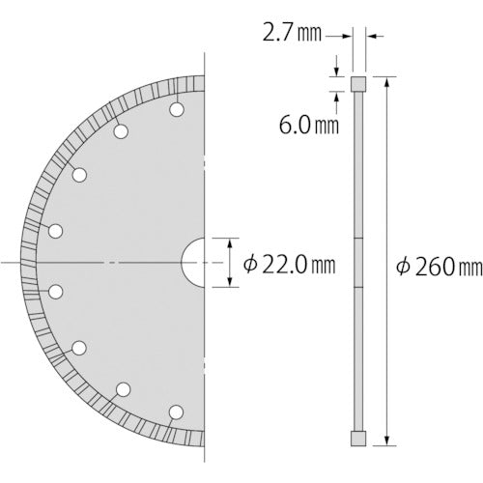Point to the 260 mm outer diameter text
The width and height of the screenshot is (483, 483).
pos(426,267)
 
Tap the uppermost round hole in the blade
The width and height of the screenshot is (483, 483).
pos(176,109)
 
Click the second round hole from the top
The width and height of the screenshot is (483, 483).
pos(121,132)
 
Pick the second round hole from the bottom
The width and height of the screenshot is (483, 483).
pos(123,390)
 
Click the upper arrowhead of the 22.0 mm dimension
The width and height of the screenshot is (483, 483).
pos(230,243)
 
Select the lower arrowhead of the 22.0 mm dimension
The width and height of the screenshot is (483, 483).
pos(230,283)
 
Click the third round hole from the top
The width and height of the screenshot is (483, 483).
pos(79,175)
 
